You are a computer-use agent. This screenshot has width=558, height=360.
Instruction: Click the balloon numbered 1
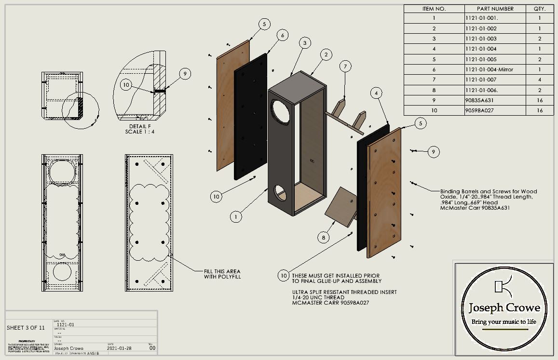[x=236, y=217]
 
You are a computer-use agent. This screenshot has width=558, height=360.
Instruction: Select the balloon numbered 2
[x=326, y=55]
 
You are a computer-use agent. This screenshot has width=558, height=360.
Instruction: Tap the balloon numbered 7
[x=345, y=67]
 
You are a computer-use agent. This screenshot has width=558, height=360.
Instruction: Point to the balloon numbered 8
[x=324, y=237]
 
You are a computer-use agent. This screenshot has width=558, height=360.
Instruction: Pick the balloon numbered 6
[x=283, y=35]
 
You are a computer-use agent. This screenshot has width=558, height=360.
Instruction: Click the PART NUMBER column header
[x=495, y=9]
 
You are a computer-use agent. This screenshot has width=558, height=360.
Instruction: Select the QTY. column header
[x=539, y=9]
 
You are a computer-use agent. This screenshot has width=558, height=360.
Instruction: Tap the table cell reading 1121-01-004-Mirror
[x=489, y=69]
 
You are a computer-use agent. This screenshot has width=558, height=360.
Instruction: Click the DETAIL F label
[x=140, y=126]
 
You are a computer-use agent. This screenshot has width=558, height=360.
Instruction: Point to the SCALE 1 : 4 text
[x=140, y=132]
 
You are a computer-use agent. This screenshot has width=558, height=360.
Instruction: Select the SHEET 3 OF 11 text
[x=26, y=328]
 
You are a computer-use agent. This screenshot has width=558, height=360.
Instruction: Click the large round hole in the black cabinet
[x=282, y=111]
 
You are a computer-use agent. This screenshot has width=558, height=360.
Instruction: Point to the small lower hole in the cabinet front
[x=282, y=194]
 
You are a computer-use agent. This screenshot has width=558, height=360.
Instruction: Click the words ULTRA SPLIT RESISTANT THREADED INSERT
[x=344, y=293]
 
